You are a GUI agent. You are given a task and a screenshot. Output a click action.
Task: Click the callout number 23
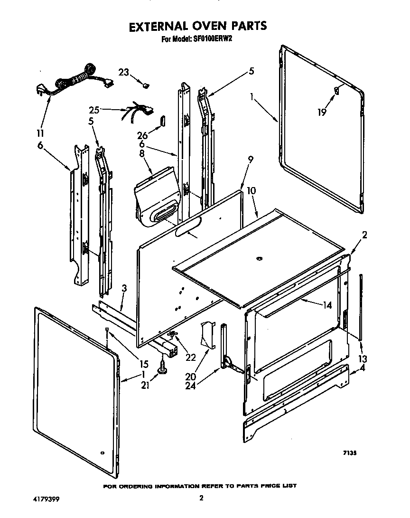tap(123, 73)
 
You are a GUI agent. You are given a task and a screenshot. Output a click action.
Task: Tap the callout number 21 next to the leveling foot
tap(145, 386)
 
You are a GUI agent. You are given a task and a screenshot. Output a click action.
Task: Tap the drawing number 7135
tap(350, 453)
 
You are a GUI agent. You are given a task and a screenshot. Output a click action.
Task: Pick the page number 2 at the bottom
tap(202, 498)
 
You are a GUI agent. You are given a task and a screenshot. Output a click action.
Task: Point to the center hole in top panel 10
tap(259, 258)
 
